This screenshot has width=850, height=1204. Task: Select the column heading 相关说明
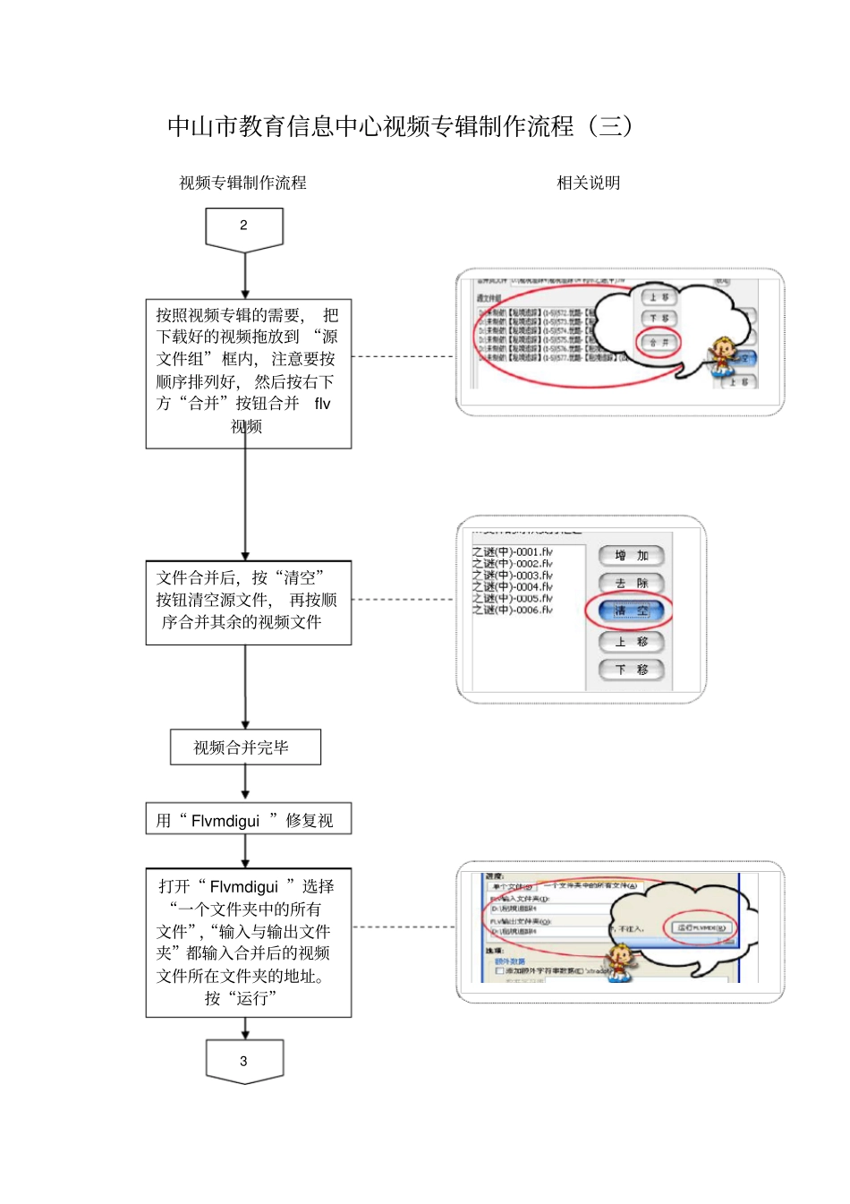coord(588,183)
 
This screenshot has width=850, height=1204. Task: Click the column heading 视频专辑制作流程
coord(242,183)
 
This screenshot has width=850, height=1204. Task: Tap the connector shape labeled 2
coord(243,227)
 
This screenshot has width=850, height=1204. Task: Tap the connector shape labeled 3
coord(243,1061)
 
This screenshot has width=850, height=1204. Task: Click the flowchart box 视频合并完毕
coord(245,747)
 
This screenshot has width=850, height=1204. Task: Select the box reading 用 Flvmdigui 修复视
coord(248,820)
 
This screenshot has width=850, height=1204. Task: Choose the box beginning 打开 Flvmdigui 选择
coord(248,943)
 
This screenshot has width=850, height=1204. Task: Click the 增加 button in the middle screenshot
coord(631,556)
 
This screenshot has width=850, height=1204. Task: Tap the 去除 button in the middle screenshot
coord(631,584)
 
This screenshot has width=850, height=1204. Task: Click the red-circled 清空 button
coord(631,611)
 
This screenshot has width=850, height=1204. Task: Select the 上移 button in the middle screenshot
coord(631,642)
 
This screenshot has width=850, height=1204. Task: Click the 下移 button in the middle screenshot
coord(631,670)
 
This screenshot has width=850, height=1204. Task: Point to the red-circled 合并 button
coord(659,343)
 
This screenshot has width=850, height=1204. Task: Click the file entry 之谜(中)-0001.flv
coord(513,552)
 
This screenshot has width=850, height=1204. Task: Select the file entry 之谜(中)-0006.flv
coord(513,610)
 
